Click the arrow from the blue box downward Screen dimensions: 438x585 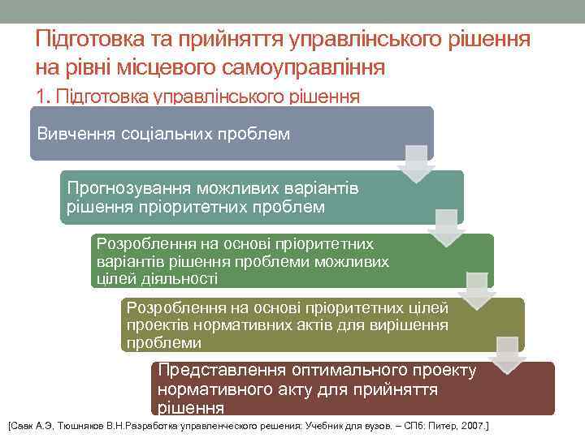(416, 163)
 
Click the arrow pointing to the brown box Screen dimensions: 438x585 (507, 354)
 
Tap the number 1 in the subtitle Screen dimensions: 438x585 (41, 96)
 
